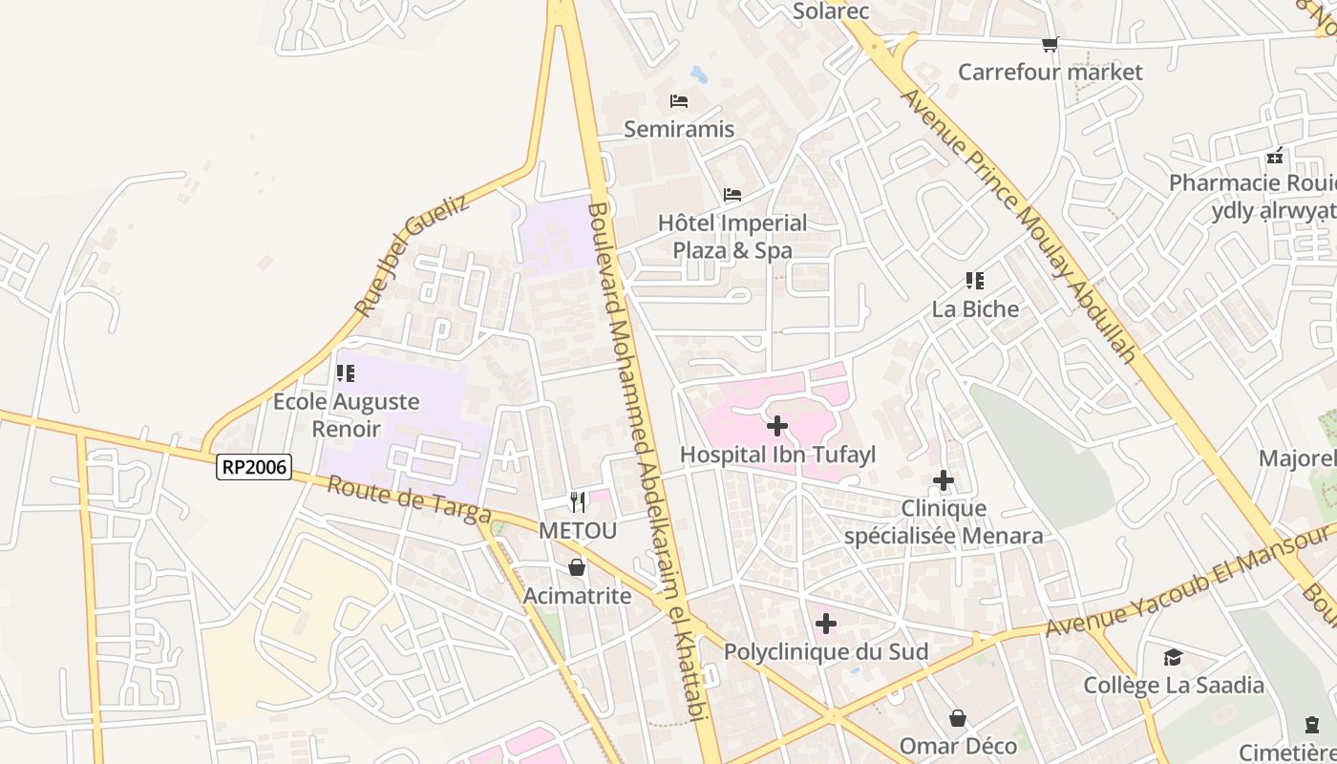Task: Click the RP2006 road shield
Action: (254, 467)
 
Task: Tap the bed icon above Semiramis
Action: (679, 101)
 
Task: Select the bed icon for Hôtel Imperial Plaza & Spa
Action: (732, 195)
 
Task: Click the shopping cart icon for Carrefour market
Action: (1050, 44)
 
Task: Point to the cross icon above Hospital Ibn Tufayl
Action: (777, 426)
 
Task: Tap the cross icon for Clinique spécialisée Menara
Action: (944, 480)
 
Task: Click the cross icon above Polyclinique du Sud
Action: (826, 625)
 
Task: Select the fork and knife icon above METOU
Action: (578, 501)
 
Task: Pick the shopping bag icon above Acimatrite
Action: (577, 568)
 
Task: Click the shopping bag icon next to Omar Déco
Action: (958, 718)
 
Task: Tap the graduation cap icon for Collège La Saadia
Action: (1173, 657)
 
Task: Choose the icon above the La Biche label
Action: (975, 281)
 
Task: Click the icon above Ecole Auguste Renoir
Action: (346, 373)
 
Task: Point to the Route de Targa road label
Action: (409, 500)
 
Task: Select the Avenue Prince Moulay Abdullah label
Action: (1020, 226)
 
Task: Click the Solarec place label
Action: (818, 11)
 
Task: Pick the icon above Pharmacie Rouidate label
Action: (1275, 157)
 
